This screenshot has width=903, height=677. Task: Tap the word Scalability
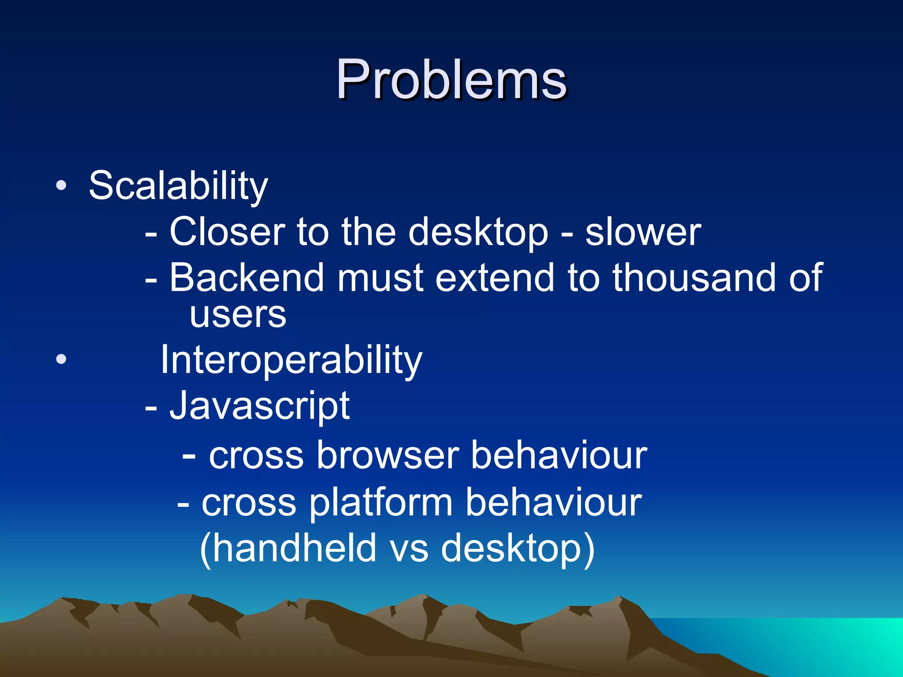click(x=178, y=186)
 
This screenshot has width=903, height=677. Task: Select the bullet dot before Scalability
click(x=61, y=185)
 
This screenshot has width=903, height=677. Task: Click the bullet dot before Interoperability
click(x=61, y=359)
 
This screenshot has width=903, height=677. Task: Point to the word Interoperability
click(x=291, y=360)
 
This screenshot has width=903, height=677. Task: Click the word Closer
click(x=227, y=232)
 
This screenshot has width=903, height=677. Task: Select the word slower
click(x=643, y=232)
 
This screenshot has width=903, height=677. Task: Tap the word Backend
click(x=246, y=278)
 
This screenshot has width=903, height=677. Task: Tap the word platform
click(x=381, y=502)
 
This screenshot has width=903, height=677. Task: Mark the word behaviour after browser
click(x=559, y=455)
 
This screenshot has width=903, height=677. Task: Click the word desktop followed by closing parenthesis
click(x=511, y=549)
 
